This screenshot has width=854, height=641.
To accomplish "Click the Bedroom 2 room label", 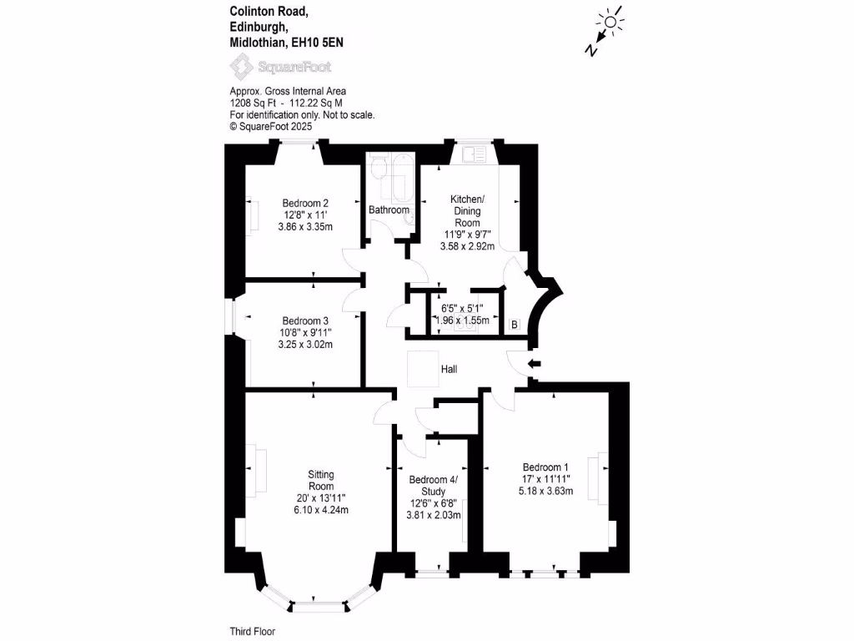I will click(305, 203).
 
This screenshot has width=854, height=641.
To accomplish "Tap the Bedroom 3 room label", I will click(305, 320).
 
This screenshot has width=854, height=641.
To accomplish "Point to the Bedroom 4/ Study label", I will click(433, 485).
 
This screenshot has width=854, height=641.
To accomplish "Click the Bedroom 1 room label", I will click(546, 467).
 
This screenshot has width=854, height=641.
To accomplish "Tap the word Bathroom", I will click(389, 209).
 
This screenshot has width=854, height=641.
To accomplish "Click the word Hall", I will click(449, 369).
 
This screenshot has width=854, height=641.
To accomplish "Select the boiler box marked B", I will click(514, 324).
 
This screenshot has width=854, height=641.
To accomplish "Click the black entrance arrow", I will click(535, 363).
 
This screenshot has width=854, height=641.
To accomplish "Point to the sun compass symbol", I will click(611, 23).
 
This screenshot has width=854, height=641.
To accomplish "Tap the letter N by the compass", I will click(590, 50).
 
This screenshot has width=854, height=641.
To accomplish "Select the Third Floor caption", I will click(252, 632).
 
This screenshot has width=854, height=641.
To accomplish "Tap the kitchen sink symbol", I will click(473, 154).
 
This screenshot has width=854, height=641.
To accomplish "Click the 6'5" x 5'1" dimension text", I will click(463, 307).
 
